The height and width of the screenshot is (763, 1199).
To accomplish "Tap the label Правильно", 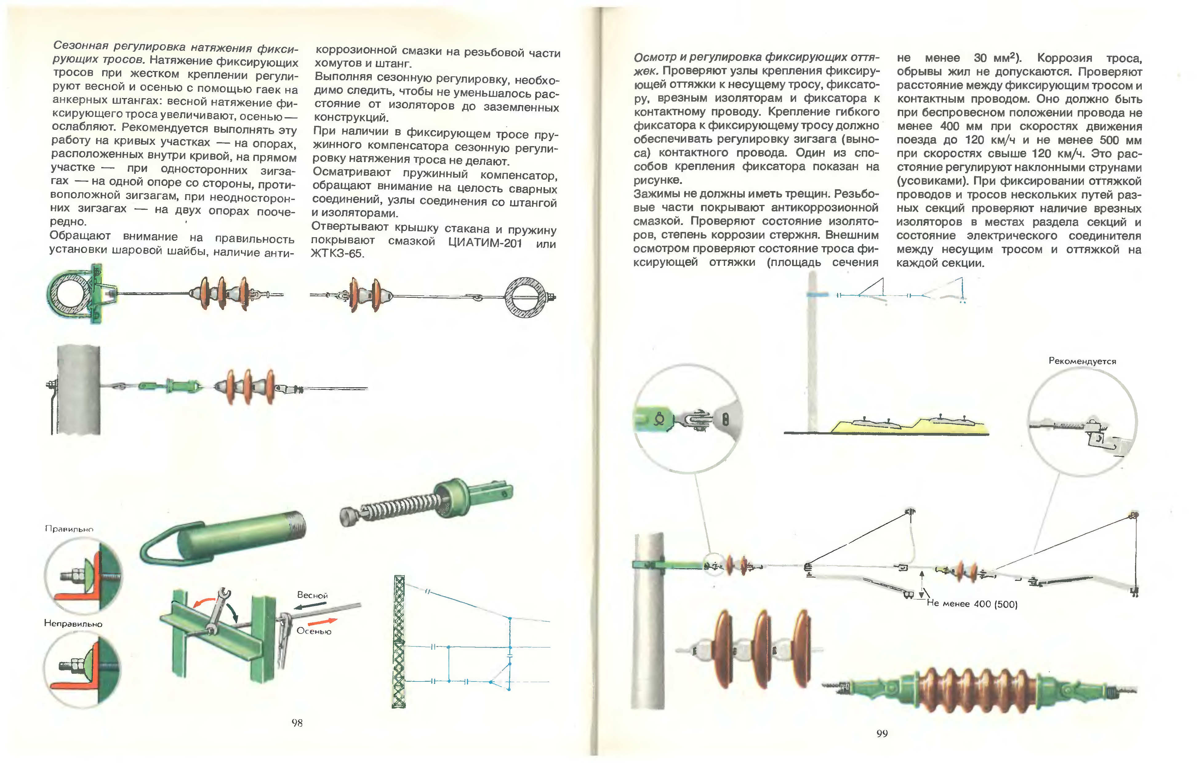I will [69, 529].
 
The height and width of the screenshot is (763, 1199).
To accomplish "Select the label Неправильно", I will [73, 624].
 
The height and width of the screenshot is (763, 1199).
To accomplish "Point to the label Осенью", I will [314, 631].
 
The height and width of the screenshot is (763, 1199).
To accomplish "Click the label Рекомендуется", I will [1082, 361].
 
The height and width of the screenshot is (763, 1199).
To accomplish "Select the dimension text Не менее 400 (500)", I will [972, 604].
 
